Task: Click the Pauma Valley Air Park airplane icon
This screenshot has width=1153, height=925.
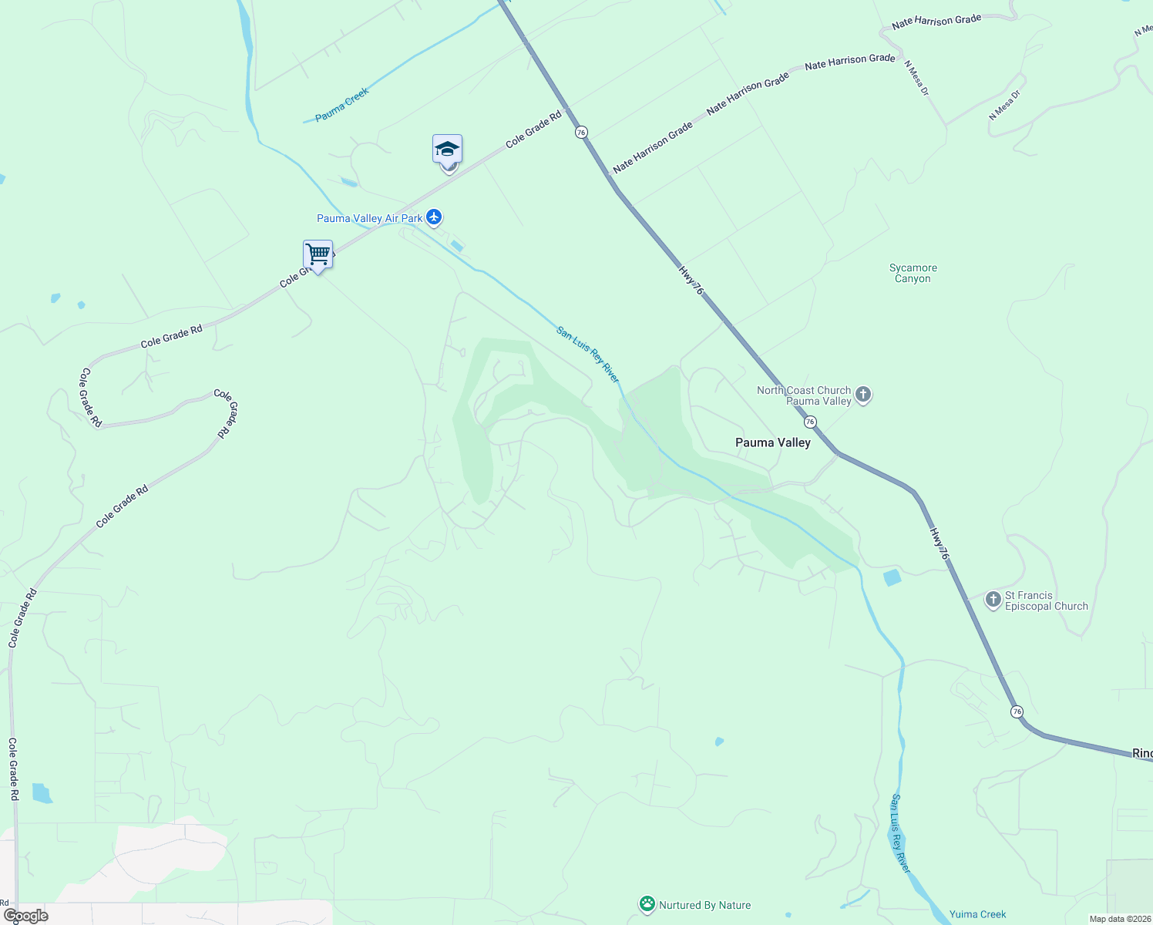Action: tap(434, 217)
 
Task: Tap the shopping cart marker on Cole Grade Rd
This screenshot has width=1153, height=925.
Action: tap(318, 254)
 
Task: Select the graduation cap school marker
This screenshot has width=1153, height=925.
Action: tap(447, 150)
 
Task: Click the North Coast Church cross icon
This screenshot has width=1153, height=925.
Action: tap(863, 395)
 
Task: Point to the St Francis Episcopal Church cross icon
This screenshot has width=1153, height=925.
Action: tap(994, 599)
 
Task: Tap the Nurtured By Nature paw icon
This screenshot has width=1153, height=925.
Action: tap(647, 904)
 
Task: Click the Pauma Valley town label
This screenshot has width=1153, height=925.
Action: tap(772, 442)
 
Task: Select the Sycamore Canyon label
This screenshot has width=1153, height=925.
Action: tap(913, 274)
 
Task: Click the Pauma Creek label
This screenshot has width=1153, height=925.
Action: tap(342, 105)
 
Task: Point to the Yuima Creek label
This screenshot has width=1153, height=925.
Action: tap(977, 914)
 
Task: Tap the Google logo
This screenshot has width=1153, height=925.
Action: tap(26, 916)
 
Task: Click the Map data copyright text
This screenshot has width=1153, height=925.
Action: tap(1120, 919)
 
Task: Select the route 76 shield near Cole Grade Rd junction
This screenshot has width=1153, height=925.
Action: tap(581, 133)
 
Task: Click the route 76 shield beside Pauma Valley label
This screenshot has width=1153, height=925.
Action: tap(810, 422)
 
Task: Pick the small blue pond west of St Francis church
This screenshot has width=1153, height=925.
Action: tap(892, 577)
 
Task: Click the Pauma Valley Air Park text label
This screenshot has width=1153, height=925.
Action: tap(369, 218)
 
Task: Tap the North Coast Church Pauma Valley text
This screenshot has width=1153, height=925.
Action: tap(804, 395)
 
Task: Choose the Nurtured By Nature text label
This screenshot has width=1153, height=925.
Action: tap(704, 905)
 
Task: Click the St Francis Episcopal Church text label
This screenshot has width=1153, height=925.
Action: tap(1046, 600)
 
